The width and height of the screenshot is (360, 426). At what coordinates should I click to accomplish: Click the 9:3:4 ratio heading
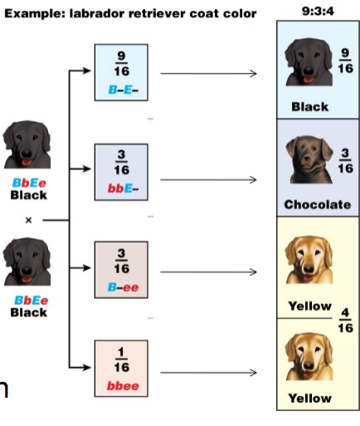[x=318, y=11]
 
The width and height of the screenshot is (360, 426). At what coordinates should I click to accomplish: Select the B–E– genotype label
[x=123, y=90]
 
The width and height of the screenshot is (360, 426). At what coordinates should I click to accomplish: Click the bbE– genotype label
[x=123, y=189]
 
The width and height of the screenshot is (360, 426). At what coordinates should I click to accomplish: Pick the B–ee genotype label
[x=123, y=287]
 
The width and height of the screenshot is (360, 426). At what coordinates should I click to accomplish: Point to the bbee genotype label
[x=123, y=386]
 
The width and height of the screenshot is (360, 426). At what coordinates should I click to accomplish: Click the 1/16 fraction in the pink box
[x=121, y=360]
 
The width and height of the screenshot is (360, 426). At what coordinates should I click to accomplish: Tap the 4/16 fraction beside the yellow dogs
[x=345, y=321]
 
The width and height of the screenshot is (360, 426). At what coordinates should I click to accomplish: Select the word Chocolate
[x=318, y=204]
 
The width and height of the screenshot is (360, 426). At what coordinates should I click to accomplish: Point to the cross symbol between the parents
[x=28, y=220]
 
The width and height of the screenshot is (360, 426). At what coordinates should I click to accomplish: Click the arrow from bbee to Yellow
[x=209, y=373]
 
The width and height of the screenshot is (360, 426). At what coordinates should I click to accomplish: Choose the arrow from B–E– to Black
[x=209, y=73]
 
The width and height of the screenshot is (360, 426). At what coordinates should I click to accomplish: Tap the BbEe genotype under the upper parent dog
[x=29, y=183]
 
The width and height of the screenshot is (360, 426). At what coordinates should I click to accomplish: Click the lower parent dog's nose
[x=27, y=269]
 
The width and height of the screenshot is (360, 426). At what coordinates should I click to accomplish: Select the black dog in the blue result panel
[x=309, y=61]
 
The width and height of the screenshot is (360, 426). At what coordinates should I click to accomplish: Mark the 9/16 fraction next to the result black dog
[x=345, y=61]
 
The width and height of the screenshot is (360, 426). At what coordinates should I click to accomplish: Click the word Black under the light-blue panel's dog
[x=310, y=106]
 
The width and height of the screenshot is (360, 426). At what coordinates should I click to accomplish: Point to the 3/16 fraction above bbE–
[x=121, y=162]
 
